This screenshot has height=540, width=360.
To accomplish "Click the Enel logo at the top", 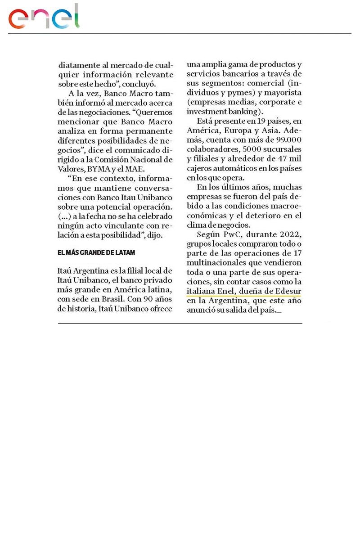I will pyautogui.click(x=44, y=17).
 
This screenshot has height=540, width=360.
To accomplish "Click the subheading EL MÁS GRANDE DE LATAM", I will pyautogui.click(x=96, y=253).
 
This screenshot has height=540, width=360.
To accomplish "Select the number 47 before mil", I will pyautogui.click(x=281, y=158).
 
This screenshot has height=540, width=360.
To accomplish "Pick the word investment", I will pyautogui.click(x=205, y=112).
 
